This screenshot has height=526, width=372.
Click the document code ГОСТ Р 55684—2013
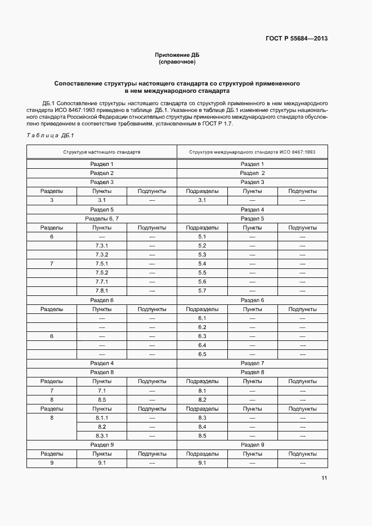pyautogui.click(x=297, y=39)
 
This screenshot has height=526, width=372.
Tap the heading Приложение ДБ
pyautogui.click(x=177, y=55)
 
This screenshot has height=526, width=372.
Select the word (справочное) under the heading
pyautogui.click(x=177, y=61)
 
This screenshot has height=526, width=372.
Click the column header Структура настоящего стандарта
pyautogui.click(x=102, y=152)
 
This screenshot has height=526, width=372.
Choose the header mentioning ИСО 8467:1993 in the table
pyautogui.click(x=252, y=152)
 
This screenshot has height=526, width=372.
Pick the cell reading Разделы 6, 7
pyautogui.click(x=102, y=218)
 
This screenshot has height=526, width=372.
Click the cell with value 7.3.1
pyautogui.click(x=102, y=246)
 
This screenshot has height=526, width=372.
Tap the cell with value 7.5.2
pyautogui.click(x=102, y=273)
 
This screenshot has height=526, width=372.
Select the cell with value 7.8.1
pyautogui.click(x=102, y=291)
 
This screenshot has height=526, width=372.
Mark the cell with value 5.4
pyautogui.click(x=203, y=264)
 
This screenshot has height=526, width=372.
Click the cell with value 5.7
pyautogui.click(x=203, y=291)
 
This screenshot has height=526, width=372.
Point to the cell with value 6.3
pyautogui.click(x=203, y=336)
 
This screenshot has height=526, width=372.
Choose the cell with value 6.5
pyautogui.click(x=203, y=354)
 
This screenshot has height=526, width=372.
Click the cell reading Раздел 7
pyautogui.click(x=252, y=363)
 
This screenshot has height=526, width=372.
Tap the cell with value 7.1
pyautogui.click(x=102, y=390)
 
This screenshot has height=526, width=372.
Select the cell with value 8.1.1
pyautogui.click(x=102, y=418)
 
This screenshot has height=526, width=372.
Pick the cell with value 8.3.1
pyautogui.click(x=102, y=436)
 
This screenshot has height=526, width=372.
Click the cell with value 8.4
pyautogui.click(x=203, y=427)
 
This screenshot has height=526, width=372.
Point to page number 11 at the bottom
pyautogui.click(x=324, y=478)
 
